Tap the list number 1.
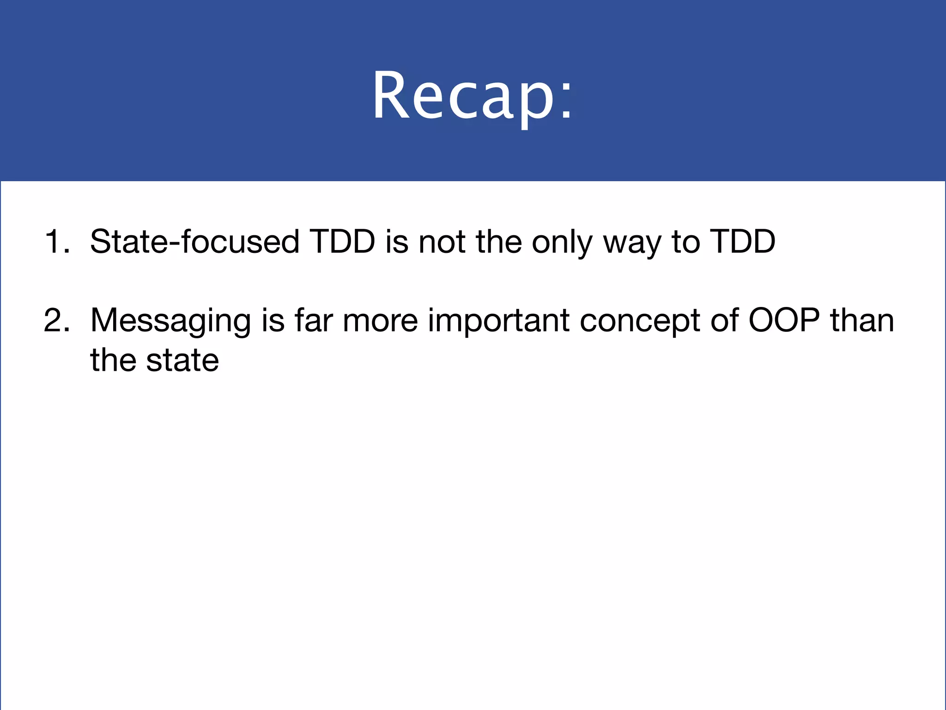[x=56, y=242]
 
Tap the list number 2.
[x=56, y=320]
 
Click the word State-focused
[x=194, y=242]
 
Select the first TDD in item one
[x=342, y=242]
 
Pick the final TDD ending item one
[x=742, y=242]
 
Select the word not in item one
[x=443, y=242]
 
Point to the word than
[x=862, y=320]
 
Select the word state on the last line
[x=182, y=361]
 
